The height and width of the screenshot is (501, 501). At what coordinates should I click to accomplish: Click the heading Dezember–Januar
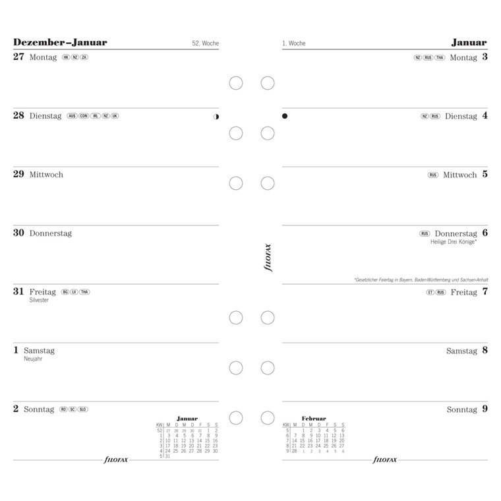pos(59,43)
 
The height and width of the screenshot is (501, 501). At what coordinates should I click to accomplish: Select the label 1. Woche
pos(294,44)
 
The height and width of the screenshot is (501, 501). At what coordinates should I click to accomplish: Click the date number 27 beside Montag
pos(18,57)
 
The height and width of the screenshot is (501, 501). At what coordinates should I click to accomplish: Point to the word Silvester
pos(40,301)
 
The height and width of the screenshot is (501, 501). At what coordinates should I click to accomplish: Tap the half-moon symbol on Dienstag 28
pos(216,117)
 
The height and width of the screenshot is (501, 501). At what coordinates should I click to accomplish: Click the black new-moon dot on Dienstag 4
pos(285,116)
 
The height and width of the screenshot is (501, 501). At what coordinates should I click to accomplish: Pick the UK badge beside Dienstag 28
pos(115,116)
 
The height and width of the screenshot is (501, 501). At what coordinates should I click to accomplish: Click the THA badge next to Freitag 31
pos(84,292)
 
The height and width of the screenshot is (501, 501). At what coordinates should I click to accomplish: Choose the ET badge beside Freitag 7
pos(430,292)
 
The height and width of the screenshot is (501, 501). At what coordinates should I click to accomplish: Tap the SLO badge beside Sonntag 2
pos(83,409)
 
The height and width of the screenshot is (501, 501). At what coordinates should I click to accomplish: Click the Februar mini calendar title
pos(314,418)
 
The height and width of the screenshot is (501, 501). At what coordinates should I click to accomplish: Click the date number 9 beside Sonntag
pos(485,409)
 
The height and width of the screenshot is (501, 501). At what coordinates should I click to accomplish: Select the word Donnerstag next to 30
pos(51,233)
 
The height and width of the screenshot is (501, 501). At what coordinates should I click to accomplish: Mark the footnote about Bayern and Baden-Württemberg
pos(421,280)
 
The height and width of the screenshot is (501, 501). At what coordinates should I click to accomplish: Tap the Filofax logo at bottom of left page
pos(116,459)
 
